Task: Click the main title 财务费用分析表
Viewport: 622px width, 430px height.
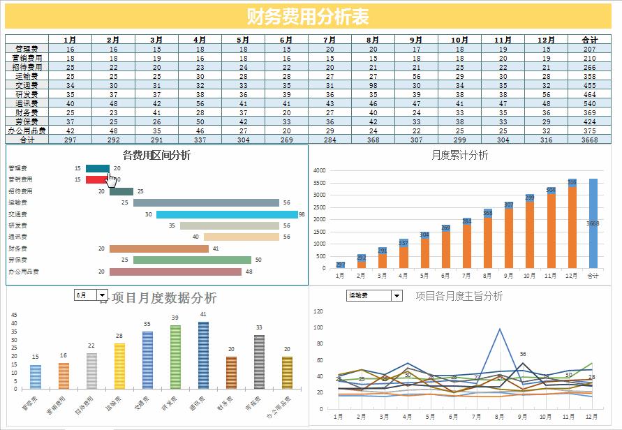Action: [x=308, y=17]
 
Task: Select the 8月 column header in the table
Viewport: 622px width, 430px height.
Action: [x=373, y=40]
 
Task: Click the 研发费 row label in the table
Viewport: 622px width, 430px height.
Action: [x=27, y=94]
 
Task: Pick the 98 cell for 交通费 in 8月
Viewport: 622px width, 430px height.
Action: [x=373, y=85]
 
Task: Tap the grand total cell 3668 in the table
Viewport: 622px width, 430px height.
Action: [x=589, y=140]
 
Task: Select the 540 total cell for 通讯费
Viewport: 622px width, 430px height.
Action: [x=589, y=103]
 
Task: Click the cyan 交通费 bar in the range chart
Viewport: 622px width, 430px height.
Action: [x=227, y=214]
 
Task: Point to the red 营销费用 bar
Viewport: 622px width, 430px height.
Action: [x=97, y=180]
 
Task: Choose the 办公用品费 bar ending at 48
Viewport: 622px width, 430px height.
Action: [x=175, y=272]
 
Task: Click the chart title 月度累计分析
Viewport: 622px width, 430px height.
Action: [x=459, y=155]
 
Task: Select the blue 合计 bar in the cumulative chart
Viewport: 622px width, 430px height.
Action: [x=593, y=223]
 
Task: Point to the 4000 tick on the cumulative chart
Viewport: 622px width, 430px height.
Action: [x=319, y=170]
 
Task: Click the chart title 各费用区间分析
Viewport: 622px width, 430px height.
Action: [x=156, y=155]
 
